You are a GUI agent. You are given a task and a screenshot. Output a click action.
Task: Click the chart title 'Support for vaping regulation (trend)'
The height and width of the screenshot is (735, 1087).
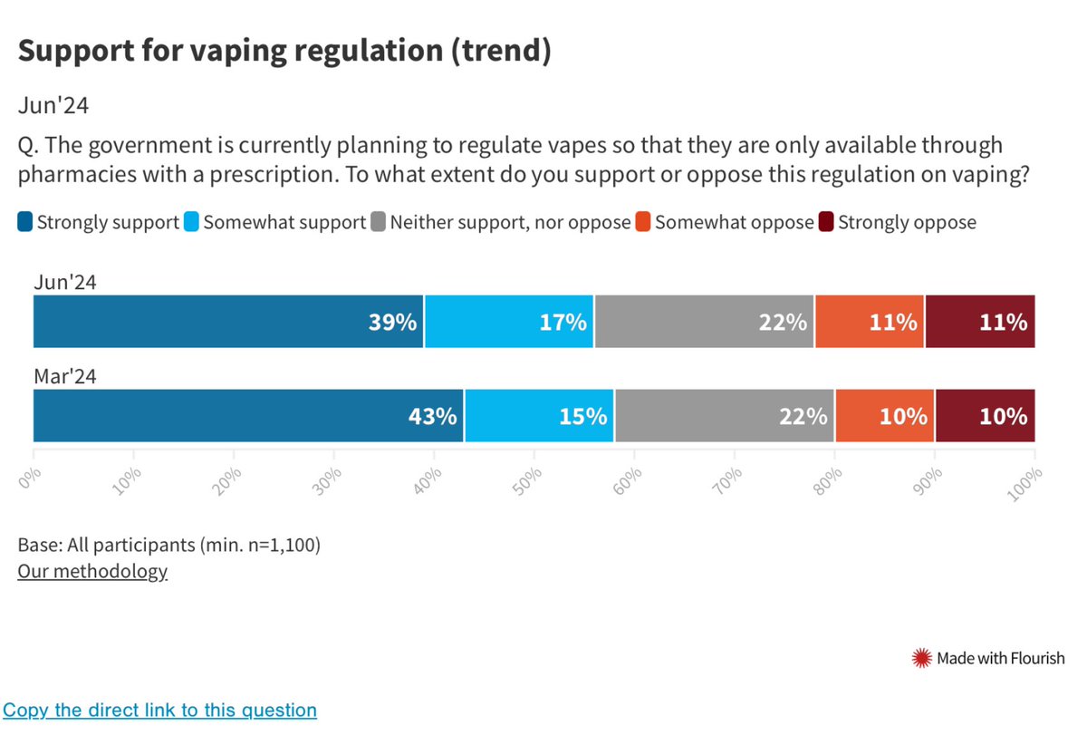[x=284, y=51]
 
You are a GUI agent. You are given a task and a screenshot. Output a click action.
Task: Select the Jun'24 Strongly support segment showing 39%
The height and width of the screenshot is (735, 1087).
[x=228, y=322]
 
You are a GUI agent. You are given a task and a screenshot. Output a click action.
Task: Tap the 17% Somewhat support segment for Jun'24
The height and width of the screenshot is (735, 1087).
[x=509, y=322]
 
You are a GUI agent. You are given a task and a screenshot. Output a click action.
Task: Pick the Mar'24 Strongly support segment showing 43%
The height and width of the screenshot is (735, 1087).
[x=248, y=416]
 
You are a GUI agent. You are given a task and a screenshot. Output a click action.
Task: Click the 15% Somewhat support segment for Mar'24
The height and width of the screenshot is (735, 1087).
[x=539, y=416]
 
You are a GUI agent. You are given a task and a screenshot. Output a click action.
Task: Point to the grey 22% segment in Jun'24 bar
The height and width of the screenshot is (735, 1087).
[x=704, y=322]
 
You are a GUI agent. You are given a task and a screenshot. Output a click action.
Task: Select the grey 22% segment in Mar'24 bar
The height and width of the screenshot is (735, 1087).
[x=725, y=416]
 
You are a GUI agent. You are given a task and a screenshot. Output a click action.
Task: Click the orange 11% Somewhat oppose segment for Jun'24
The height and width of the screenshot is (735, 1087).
[x=869, y=322]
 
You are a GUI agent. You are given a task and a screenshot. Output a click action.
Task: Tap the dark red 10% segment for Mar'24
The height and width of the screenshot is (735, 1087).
[x=985, y=416]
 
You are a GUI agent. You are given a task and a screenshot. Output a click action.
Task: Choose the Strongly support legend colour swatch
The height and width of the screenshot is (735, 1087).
[x=25, y=222]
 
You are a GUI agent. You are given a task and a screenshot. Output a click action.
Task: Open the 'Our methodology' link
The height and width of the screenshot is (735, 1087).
[x=92, y=571]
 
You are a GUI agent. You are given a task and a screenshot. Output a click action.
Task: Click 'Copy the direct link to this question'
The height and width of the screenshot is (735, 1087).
[x=159, y=710]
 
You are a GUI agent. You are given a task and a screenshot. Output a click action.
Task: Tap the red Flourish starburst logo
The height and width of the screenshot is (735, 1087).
[x=921, y=658]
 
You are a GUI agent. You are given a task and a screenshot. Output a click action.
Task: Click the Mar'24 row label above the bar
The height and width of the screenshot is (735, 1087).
[x=64, y=377]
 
